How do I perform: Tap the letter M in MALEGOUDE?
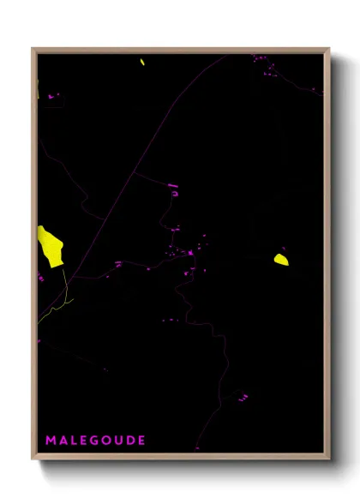[50, 441]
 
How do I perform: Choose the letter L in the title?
[71, 441]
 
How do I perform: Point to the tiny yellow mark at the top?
[142, 61]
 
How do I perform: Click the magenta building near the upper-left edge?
[51, 97]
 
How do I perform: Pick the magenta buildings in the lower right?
[243, 397]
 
